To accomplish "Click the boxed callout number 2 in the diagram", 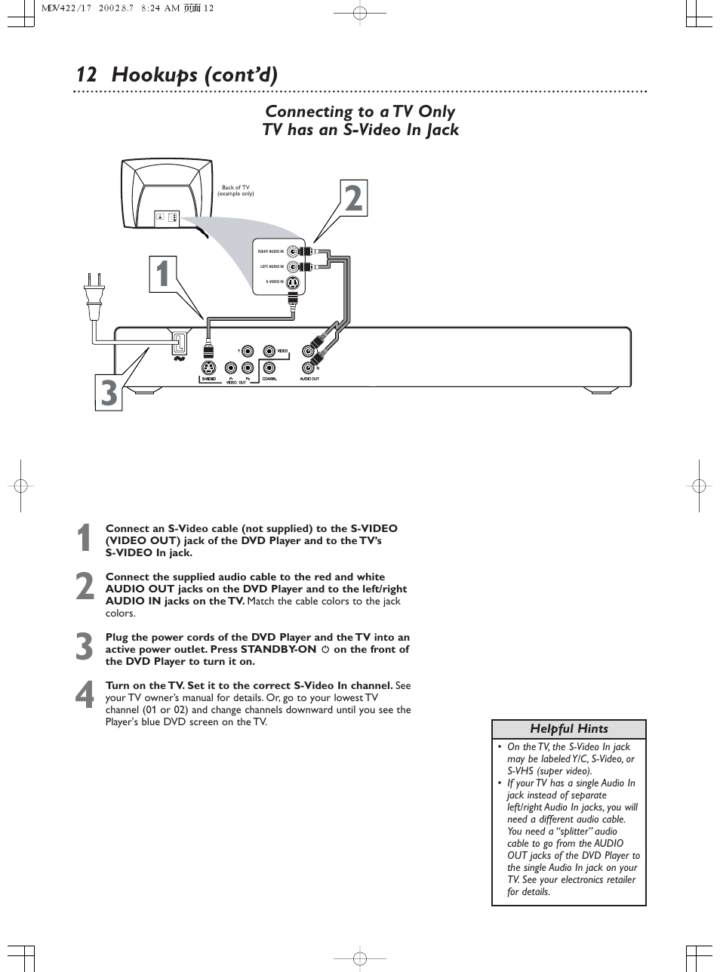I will [x=352, y=199].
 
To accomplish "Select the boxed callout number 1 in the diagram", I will [x=164, y=274].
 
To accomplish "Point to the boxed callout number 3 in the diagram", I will [x=109, y=393].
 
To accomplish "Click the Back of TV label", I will [x=235, y=190].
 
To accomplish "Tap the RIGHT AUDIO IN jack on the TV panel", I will [x=292, y=251].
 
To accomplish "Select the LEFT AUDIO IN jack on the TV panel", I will [x=292, y=266].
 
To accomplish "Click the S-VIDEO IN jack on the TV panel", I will [x=293, y=282].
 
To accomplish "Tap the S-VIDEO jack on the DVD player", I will [x=209, y=368].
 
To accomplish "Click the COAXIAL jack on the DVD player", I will [x=269, y=368].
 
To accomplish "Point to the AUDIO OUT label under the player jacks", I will [x=309, y=379].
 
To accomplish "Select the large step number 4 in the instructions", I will [x=85, y=696].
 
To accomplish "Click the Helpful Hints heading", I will [x=568, y=729].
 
